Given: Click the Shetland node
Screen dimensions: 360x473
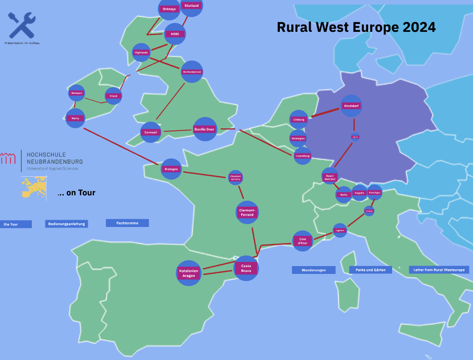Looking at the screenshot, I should (192, 6).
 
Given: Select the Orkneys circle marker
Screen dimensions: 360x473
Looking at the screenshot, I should (169, 9).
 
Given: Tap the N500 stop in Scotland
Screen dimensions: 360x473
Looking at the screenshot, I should (174, 34).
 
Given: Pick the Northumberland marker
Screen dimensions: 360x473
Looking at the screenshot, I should (192, 71).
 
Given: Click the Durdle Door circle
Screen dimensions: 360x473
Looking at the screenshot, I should (205, 129).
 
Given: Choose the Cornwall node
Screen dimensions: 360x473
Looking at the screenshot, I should (151, 133).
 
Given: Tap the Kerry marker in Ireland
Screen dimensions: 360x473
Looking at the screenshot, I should (75, 118).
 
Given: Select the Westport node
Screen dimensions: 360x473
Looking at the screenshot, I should (76, 93).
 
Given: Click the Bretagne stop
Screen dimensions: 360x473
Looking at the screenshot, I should (171, 169).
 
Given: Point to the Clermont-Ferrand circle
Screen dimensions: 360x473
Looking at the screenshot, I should (247, 212).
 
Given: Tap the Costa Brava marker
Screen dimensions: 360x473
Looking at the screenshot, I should (246, 268).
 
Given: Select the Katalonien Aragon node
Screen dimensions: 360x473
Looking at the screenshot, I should (188, 273).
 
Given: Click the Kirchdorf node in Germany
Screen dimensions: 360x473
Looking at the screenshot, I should (351, 106).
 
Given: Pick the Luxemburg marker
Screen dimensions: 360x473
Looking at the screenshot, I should (302, 155).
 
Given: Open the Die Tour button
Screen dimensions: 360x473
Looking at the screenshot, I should (16, 224).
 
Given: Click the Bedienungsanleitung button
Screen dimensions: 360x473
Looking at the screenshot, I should (66, 224).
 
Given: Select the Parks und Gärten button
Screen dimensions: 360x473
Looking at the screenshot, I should (370, 270).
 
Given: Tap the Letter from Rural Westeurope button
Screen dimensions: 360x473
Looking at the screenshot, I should (439, 270).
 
